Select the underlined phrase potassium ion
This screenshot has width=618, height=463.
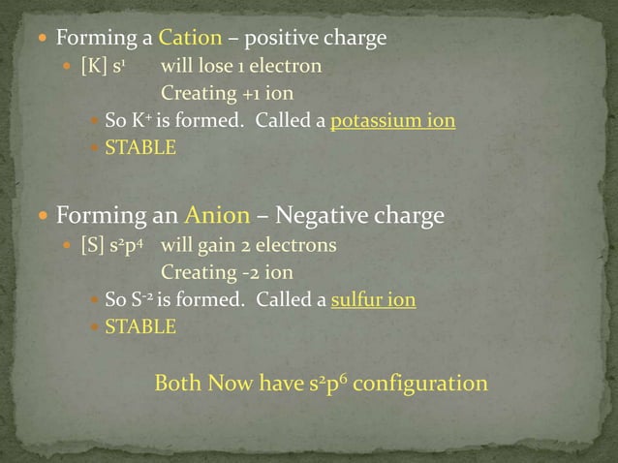point(393,122)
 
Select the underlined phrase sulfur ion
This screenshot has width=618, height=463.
point(373,300)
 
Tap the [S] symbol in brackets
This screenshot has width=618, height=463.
point(92,245)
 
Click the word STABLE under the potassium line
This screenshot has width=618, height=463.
point(140,149)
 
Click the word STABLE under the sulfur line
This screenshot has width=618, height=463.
point(140,327)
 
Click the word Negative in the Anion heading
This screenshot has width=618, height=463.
point(318,214)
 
